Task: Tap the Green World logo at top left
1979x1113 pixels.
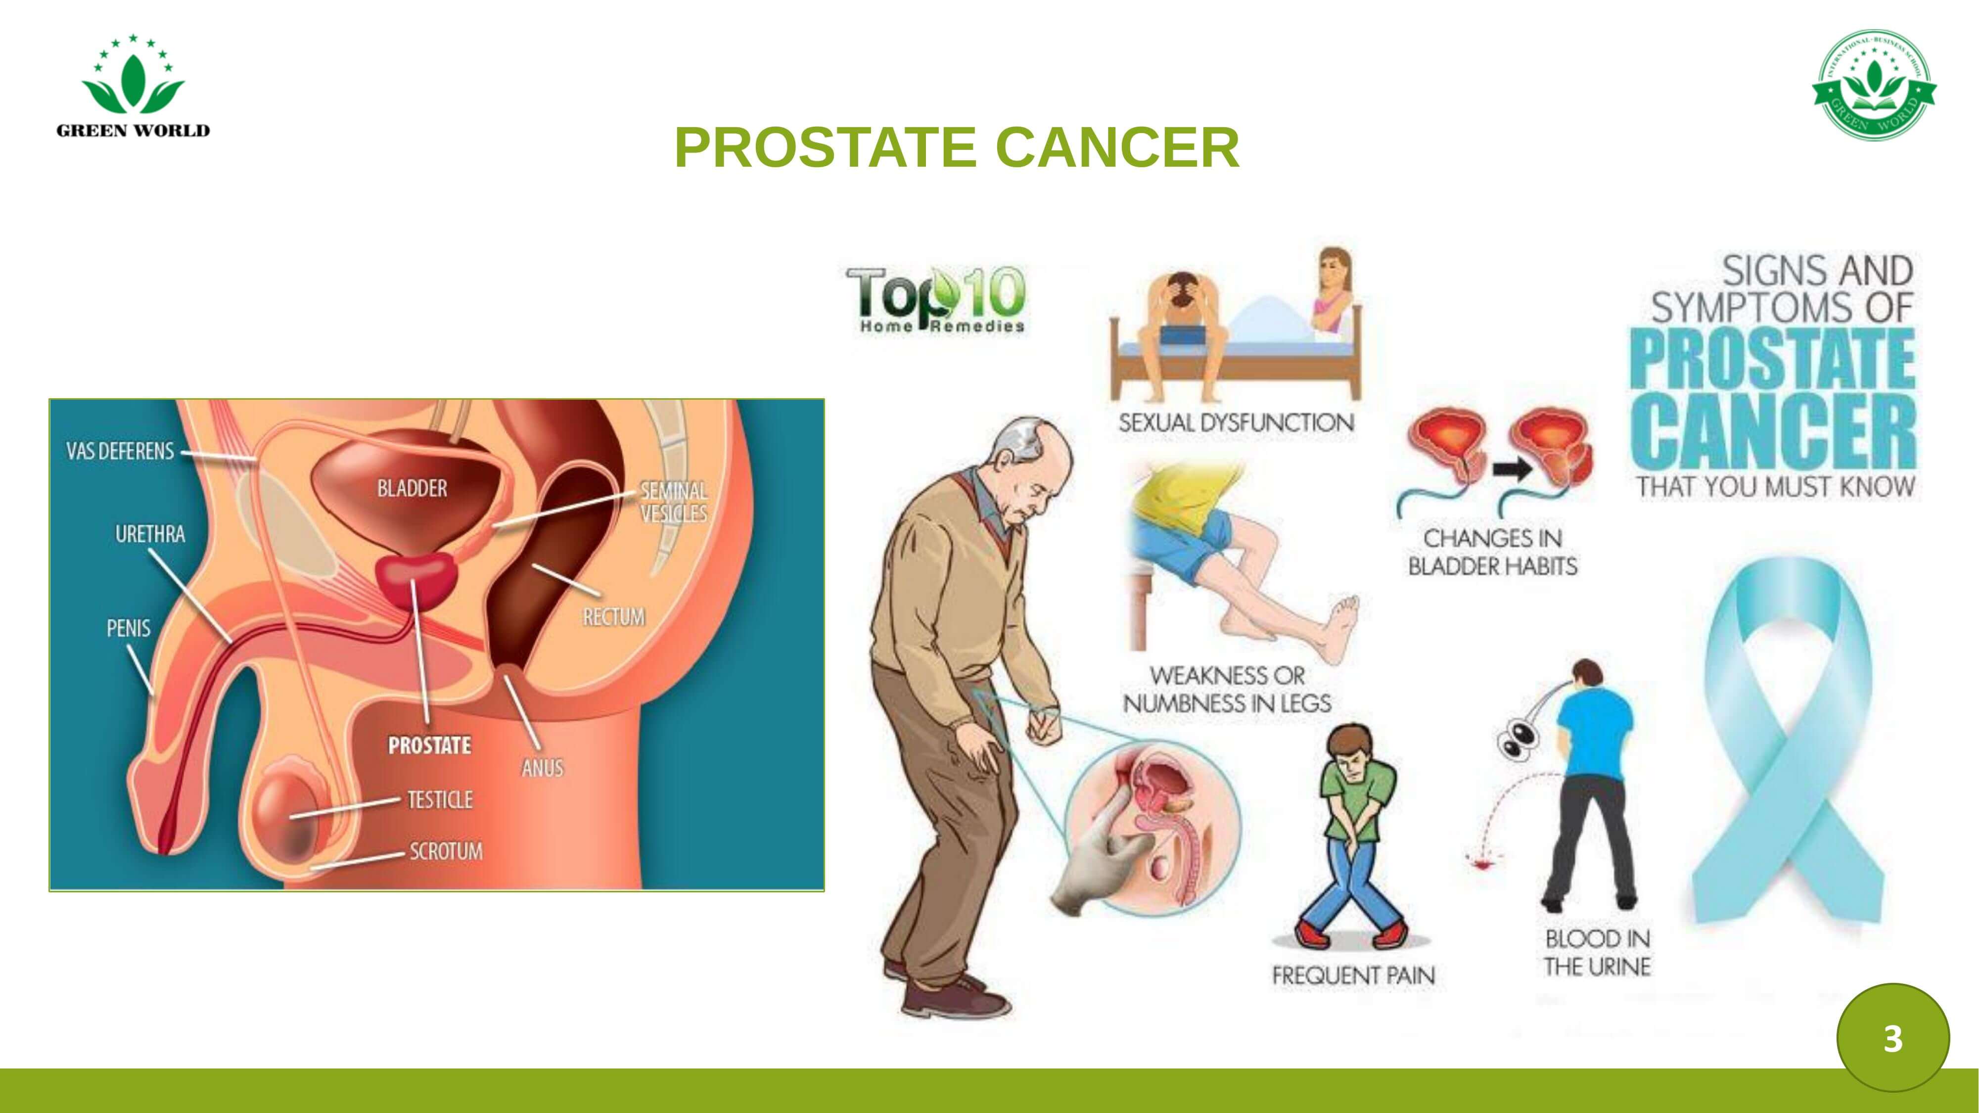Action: click(133, 86)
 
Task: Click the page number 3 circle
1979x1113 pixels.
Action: click(1892, 1038)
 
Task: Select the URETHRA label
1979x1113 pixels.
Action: click(150, 534)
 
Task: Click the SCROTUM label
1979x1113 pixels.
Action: click(446, 851)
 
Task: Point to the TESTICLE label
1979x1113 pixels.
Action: click(439, 799)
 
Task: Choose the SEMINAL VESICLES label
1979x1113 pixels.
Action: click(674, 502)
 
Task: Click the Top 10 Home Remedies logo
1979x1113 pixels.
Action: click(936, 300)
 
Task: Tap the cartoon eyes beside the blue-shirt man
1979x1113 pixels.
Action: click(1516, 735)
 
